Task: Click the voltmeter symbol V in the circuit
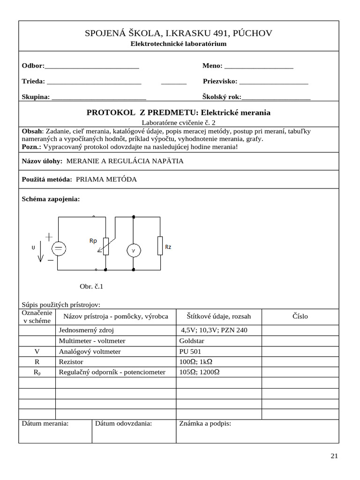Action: [x=134, y=251]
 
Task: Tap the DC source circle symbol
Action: [x=59, y=249]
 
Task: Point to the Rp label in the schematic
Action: [x=93, y=240]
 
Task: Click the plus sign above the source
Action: [x=49, y=237]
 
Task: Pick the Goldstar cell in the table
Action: [x=192, y=341]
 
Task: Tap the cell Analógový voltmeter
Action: [x=90, y=351]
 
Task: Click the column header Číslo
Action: [x=300, y=316]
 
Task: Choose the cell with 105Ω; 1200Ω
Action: [x=200, y=372]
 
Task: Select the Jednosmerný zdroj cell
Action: [x=86, y=330]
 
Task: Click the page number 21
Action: [x=334, y=456]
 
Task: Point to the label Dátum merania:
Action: [x=45, y=423]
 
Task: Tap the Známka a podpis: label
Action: [x=205, y=423]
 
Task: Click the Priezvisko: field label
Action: [x=220, y=81]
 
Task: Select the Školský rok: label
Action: [x=221, y=97]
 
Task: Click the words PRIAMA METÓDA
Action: [x=106, y=179]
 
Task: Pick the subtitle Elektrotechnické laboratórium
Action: [x=178, y=44]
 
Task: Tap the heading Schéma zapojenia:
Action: [x=51, y=199]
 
